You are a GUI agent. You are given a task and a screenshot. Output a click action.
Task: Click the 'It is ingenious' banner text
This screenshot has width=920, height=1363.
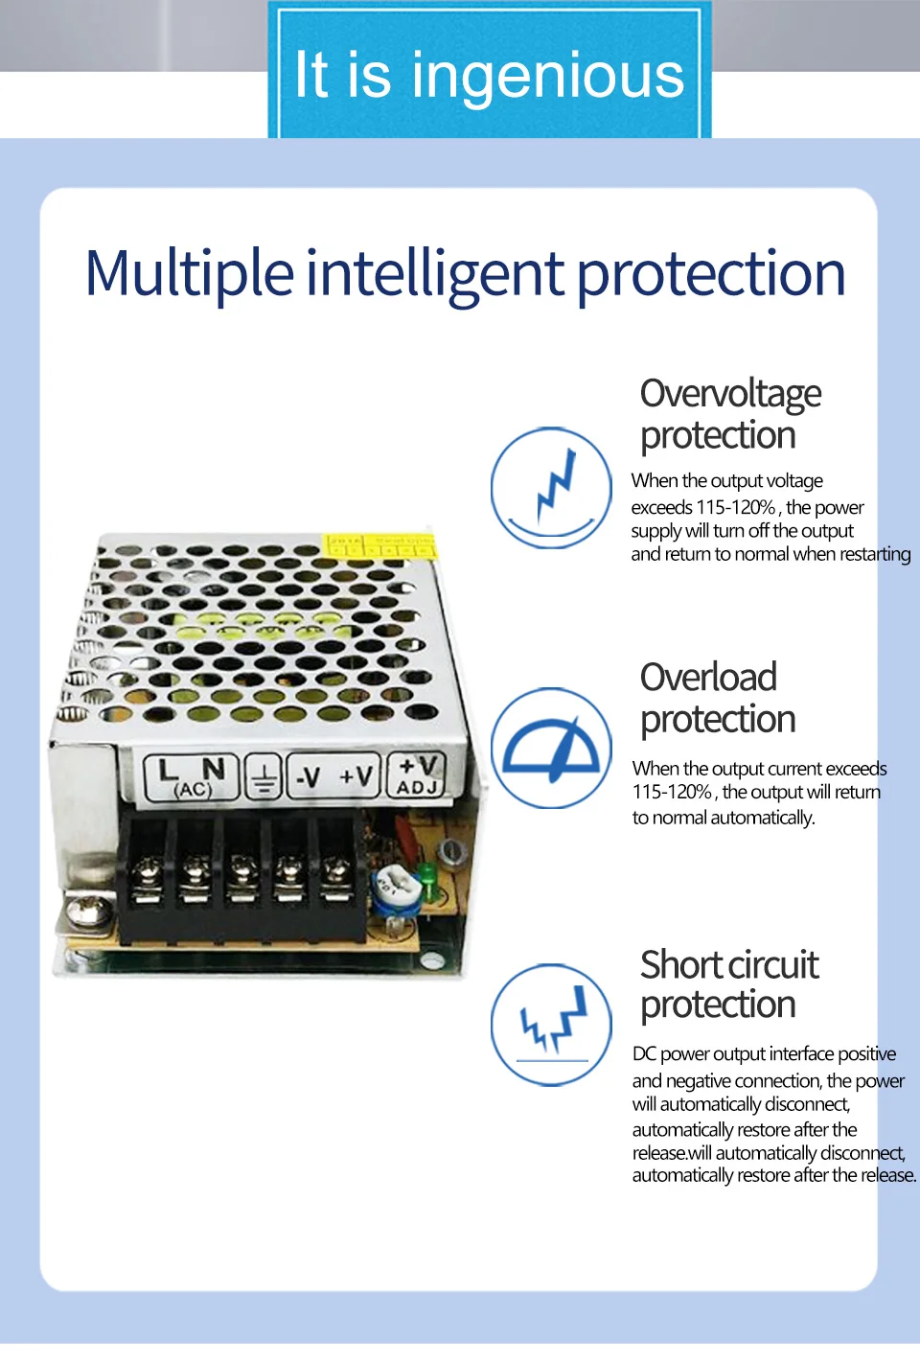click(x=489, y=76)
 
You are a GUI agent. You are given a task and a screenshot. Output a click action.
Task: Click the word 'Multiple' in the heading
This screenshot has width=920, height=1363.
click(x=189, y=274)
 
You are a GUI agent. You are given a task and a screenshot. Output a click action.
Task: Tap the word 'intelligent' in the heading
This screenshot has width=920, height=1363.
click(x=435, y=274)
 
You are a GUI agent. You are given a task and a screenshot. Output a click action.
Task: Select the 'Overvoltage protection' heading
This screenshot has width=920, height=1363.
click(x=730, y=414)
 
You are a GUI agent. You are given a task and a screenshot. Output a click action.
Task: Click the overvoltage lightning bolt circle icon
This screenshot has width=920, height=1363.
click(x=551, y=488)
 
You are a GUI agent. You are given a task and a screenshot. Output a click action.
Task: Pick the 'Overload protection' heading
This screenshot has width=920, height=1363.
click(x=718, y=698)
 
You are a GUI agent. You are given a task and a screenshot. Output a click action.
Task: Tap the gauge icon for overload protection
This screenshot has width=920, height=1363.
click(x=551, y=748)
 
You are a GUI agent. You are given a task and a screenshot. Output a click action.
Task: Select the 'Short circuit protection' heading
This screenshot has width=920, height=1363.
click(x=729, y=984)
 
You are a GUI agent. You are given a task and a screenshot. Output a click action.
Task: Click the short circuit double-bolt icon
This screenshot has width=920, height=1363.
click(x=551, y=1025)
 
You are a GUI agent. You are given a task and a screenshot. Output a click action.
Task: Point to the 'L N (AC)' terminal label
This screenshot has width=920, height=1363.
click(x=192, y=776)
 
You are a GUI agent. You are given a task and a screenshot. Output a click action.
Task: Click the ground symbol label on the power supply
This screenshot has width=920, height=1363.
click(x=264, y=776)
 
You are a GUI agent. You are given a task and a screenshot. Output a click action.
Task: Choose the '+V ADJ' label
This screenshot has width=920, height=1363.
click(x=418, y=774)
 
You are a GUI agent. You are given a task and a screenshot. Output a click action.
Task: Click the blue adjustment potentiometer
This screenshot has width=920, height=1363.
click(x=392, y=885)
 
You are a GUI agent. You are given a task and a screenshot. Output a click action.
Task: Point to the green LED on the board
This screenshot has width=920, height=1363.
click(x=426, y=874)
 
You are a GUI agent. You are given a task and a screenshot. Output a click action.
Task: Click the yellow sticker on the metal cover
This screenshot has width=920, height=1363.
click(x=380, y=546)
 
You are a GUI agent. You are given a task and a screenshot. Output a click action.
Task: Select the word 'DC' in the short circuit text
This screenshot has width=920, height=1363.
click(x=644, y=1053)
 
